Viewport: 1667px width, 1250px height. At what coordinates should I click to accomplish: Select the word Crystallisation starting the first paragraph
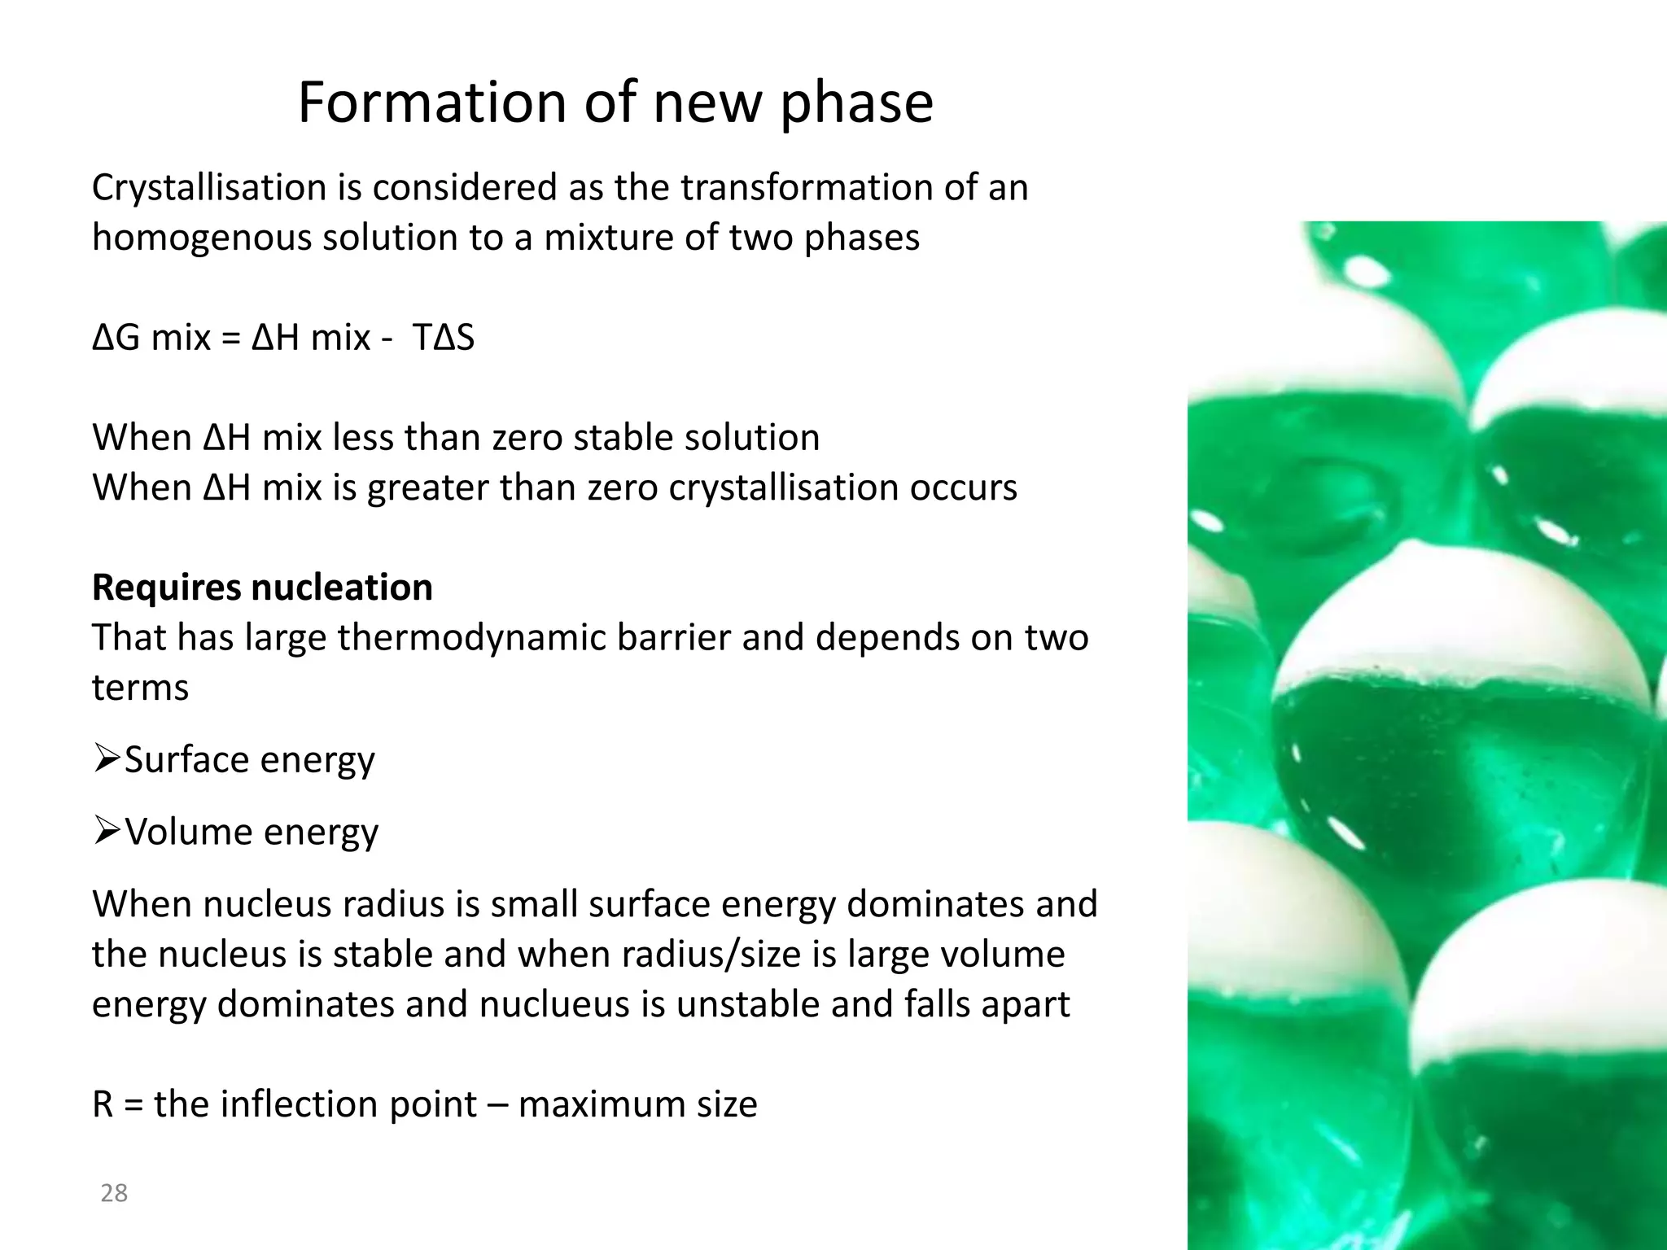pyautogui.click(x=208, y=188)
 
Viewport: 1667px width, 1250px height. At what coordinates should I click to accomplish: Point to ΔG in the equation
pyautogui.click(x=116, y=338)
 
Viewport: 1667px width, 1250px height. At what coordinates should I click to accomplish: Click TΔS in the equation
pyautogui.click(x=444, y=338)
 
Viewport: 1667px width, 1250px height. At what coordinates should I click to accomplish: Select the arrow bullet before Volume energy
pyautogui.click(x=107, y=832)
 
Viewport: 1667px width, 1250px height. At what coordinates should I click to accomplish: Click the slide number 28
pyautogui.click(x=114, y=1193)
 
